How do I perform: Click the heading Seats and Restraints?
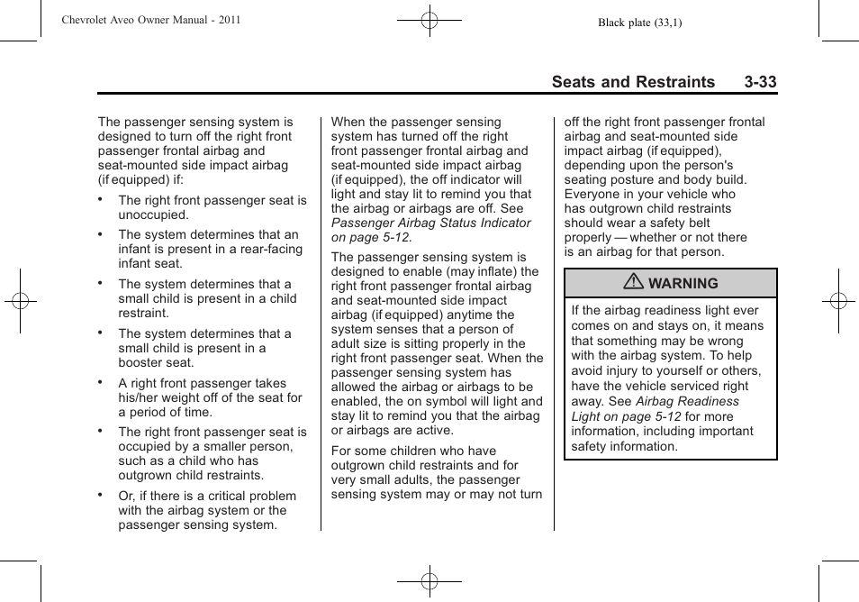[633, 82]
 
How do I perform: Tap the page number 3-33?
[760, 82]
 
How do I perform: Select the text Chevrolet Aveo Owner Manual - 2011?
[151, 19]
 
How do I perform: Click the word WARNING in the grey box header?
[683, 283]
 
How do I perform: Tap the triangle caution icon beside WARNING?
[635, 283]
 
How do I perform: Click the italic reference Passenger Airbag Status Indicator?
[431, 223]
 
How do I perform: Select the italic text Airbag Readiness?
[687, 401]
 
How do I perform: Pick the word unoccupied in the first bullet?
[153, 215]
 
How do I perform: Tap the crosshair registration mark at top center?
[429, 19]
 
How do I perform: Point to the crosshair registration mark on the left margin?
[20, 301]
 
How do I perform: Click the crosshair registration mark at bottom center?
[429, 581]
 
